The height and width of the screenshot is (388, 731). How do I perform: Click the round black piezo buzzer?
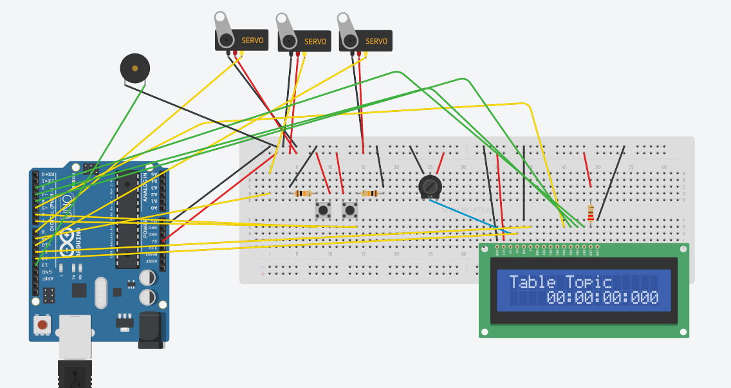pos(135,68)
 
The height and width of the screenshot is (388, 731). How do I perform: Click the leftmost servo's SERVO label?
pos(252,41)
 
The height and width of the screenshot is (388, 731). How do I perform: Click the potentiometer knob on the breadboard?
pos(430,187)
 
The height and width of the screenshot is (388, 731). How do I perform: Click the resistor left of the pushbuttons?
pos(302,193)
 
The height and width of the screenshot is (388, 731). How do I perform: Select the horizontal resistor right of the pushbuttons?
pos(369,193)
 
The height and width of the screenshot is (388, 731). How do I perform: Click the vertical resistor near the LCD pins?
pos(591,212)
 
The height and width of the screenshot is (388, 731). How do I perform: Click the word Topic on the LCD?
pos(589,282)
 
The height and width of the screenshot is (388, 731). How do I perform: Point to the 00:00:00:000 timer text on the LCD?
pos(602,298)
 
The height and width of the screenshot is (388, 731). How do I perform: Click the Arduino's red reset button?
pos(42,325)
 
